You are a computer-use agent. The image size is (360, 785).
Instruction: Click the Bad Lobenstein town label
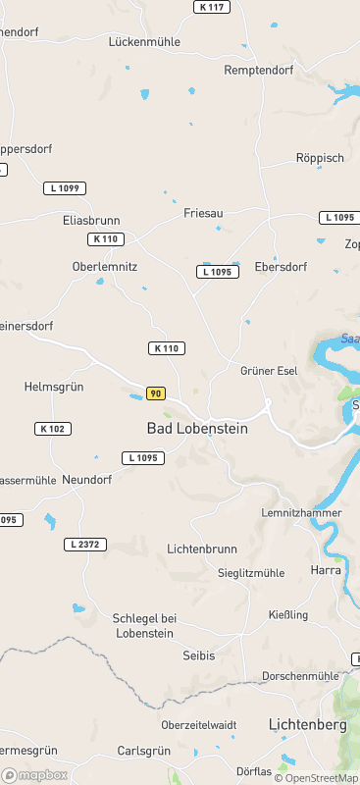pos(197,429)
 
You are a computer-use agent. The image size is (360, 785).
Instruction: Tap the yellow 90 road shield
pos(155,393)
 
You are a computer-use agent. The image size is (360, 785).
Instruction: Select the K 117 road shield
pos(211,7)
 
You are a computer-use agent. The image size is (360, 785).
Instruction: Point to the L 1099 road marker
pos(66,187)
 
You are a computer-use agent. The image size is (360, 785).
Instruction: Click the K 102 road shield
pos(53,429)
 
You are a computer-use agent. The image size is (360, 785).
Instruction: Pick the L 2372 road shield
pos(86,545)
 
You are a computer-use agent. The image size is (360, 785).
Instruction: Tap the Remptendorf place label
pos(259,71)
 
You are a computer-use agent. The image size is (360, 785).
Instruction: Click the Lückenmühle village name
pos(144,42)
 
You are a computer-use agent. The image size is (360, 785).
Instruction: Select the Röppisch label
pos(320,158)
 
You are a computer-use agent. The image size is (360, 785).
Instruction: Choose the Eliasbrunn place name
pos(91,221)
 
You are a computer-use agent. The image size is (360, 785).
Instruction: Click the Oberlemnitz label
pos(105,266)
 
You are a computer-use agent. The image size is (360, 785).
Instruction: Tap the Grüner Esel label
pos(269,371)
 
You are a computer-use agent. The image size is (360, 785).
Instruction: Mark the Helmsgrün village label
pos(54,388)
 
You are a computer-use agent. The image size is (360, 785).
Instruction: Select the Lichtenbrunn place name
pos(204,549)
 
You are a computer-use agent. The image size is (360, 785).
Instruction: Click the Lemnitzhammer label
pos(301,513)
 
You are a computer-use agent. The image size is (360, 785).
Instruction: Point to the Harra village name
pos(325,569)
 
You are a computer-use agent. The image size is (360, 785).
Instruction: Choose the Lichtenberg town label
pos(308,725)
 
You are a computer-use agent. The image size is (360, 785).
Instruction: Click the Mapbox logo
pos(35,775)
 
